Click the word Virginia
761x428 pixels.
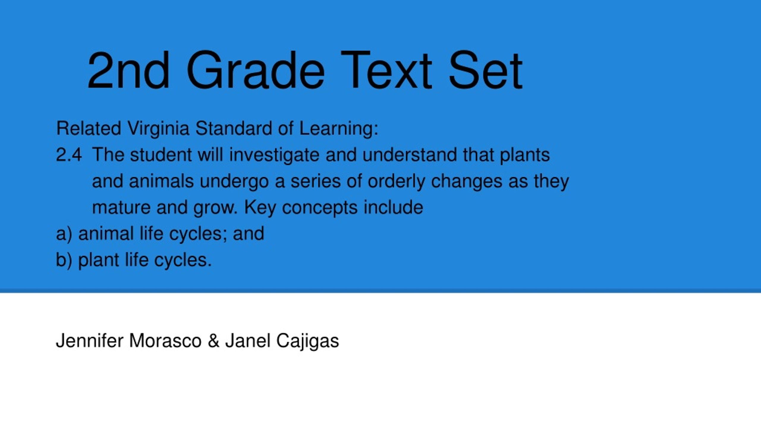click(158, 129)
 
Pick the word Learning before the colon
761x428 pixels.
click(336, 129)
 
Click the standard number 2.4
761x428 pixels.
click(69, 155)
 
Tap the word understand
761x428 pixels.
click(409, 155)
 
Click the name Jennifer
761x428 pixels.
click(89, 341)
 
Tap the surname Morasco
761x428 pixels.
click(165, 341)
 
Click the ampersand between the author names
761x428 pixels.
click(214, 341)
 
